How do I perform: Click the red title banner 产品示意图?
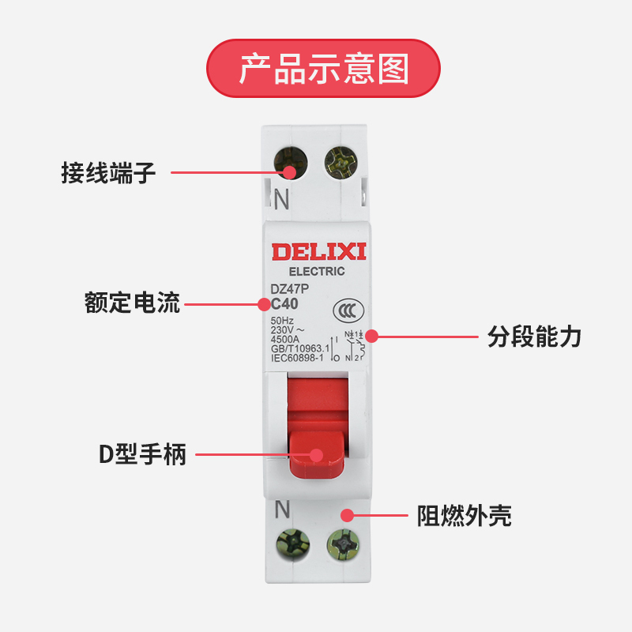coord(322,68)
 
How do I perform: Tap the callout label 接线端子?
coord(108,172)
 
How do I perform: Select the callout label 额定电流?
coord(132,303)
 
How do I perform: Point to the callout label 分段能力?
coord(534,337)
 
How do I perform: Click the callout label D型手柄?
coord(142,454)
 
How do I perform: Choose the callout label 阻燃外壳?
coord(464,517)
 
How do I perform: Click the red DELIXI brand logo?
coord(319,252)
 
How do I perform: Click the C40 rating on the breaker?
coord(284,304)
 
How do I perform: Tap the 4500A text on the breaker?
coord(285,340)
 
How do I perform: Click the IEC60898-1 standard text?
coord(299,358)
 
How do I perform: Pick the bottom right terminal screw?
coord(343,545)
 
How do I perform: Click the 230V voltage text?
coord(286,330)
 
